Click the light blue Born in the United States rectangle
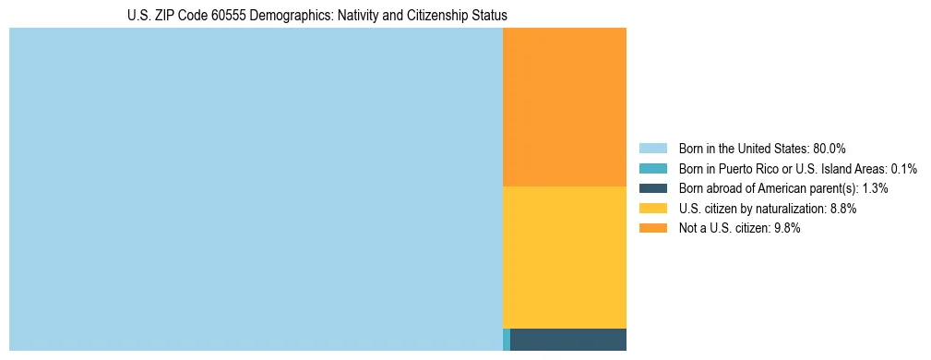tap(256, 189)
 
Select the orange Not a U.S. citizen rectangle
tap(565, 107)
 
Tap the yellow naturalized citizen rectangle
tap(565, 257)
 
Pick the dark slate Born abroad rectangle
tap(568, 339)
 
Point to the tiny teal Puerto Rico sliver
tap(507, 339)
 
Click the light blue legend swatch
tap(652, 149)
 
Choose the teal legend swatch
tap(652, 169)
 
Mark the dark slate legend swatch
tap(652, 188)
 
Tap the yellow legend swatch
tap(652, 209)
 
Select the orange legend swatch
tap(652, 229)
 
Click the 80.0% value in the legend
tap(830, 149)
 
